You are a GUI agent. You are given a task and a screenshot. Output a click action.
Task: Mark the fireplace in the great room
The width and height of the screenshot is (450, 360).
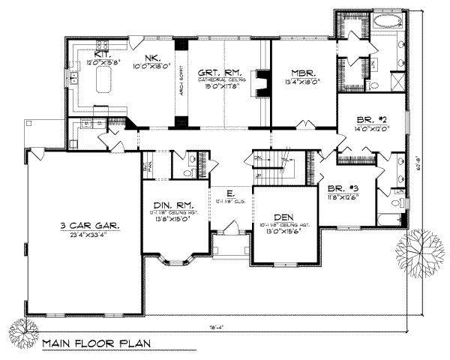click(260, 84)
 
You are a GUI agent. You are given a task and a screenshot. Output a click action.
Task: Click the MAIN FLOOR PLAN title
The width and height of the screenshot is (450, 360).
click(96, 344)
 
